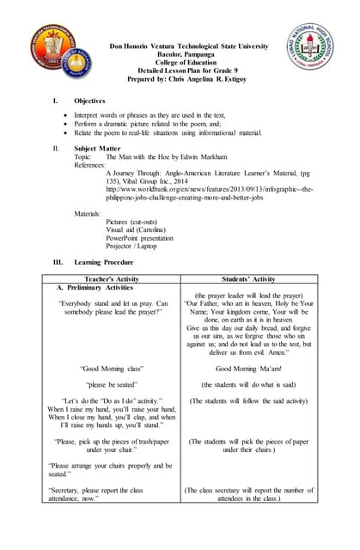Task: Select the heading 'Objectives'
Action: [90, 101]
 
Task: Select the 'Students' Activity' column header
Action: [248, 278]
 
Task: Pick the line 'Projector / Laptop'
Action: [134, 245]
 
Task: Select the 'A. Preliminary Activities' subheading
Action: [95, 288]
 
